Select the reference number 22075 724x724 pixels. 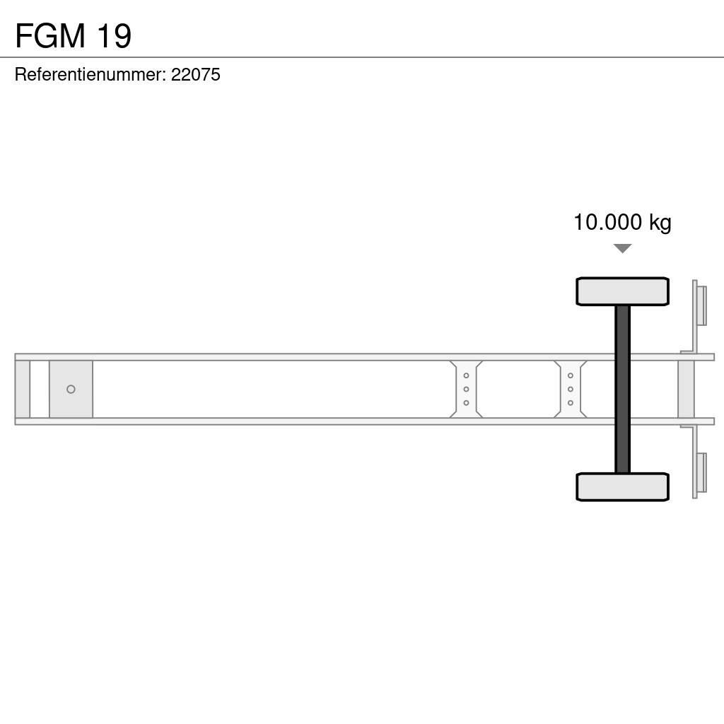[x=196, y=75]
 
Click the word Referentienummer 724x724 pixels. [x=90, y=75]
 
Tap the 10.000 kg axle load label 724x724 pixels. [x=622, y=223]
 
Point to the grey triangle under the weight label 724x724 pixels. [x=622, y=248]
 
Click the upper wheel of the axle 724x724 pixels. [x=622, y=291]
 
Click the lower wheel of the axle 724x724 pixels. [x=622, y=486]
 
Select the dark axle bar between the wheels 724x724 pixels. [x=622, y=389]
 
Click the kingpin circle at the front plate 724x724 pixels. [x=71, y=390]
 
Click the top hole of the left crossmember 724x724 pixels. [x=466, y=375]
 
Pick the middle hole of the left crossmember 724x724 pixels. [x=466, y=390]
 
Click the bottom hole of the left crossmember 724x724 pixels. [x=466, y=403]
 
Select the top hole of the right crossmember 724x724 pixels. [x=570, y=375]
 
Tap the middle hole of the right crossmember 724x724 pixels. [x=570, y=390]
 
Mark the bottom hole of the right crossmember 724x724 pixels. [x=570, y=403]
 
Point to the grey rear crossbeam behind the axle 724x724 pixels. [x=686, y=390]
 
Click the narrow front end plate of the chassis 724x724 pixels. [x=23, y=390]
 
